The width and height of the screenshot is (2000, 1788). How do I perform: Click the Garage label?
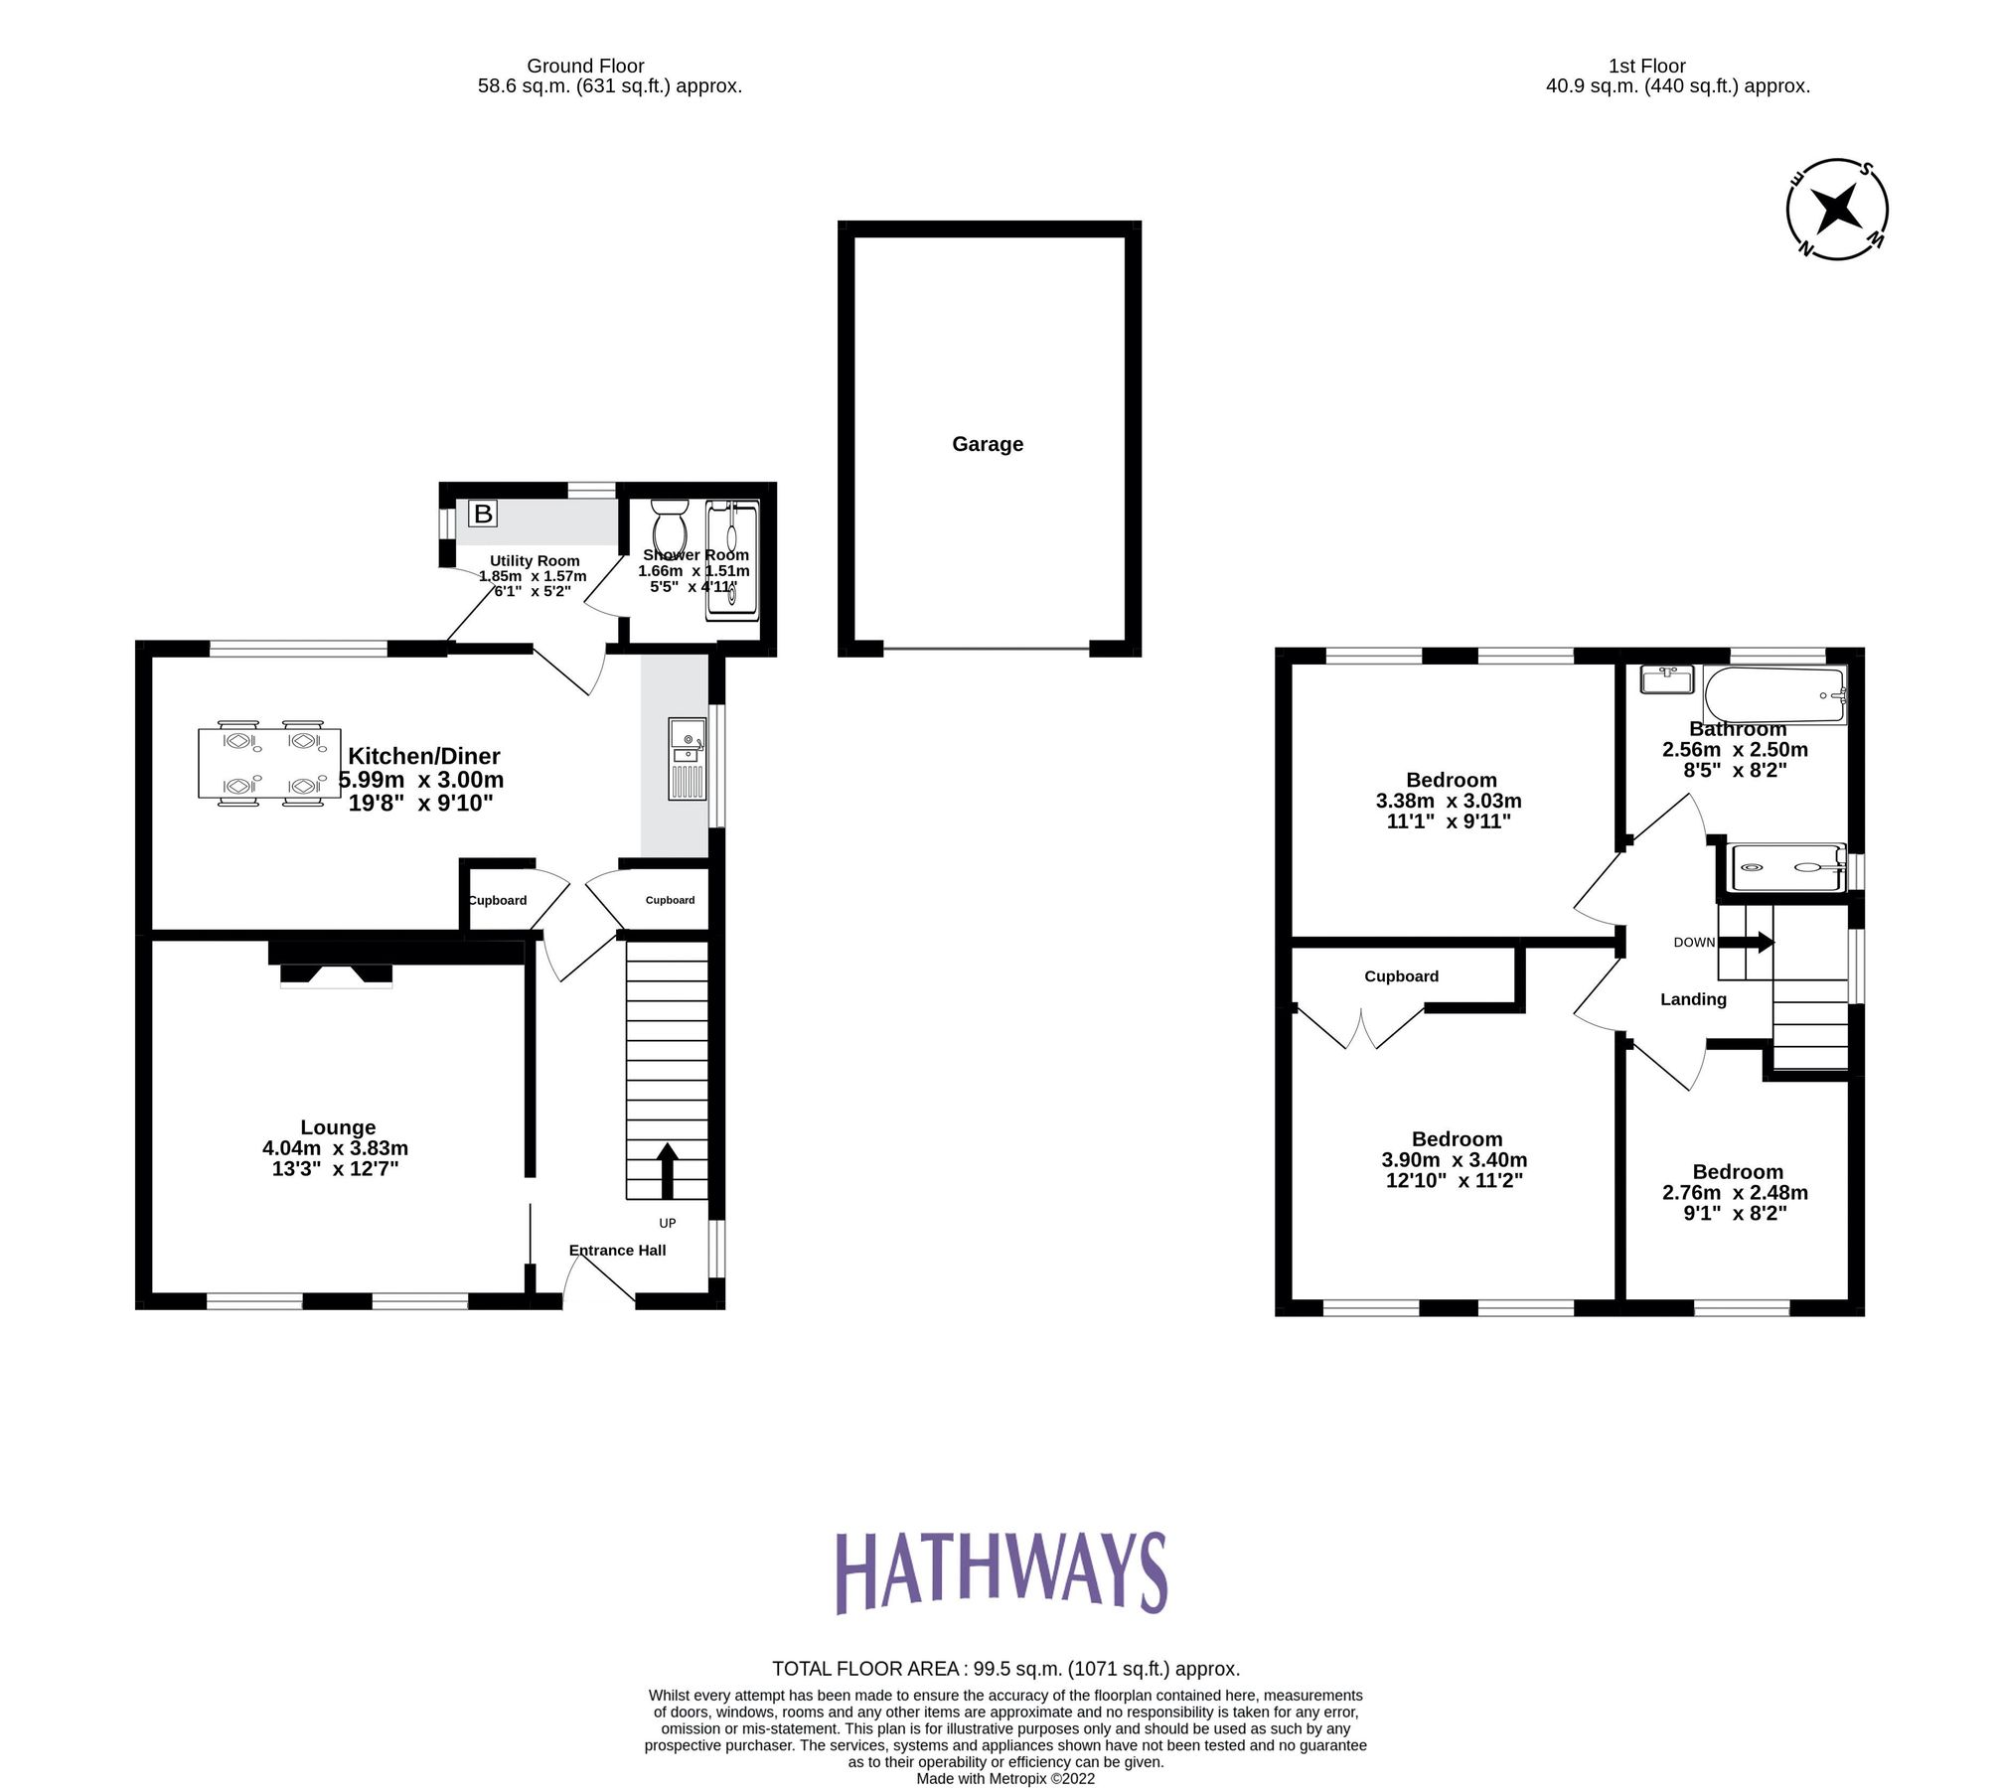[988, 444]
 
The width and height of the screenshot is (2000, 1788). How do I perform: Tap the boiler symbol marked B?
[483, 514]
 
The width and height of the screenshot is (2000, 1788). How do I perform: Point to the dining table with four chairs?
[261, 763]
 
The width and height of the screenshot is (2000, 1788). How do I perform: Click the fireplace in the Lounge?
[336, 974]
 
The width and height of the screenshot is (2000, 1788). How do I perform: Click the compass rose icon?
[1836, 210]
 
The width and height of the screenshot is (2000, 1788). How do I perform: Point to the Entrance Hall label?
[617, 1250]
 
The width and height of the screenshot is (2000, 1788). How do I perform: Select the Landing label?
[1693, 999]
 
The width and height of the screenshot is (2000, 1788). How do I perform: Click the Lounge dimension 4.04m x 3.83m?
[335, 1147]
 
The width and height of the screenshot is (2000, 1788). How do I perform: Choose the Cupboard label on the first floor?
[1401, 975]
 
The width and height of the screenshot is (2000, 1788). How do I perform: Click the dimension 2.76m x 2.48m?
[1735, 1192]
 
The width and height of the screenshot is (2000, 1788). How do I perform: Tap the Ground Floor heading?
[585, 66]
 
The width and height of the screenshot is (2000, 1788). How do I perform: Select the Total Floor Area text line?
[1005, 1669]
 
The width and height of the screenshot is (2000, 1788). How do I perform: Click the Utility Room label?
[535, 560]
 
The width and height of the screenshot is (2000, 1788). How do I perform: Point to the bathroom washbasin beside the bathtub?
[1665, 679]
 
